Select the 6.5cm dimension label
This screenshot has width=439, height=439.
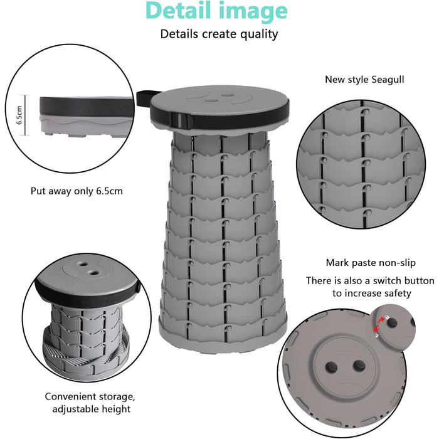pyautogui.click(x=19, y=115)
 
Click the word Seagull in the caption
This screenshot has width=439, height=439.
pyautogui.click(x=388, y=80)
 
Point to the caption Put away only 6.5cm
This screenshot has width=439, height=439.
pyautogui.click(x=77, y=191)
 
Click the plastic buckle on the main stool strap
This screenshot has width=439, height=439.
pyautogui.click(x=182, y=120)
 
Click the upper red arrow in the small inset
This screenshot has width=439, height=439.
pyautogui.click(x=382, y=319)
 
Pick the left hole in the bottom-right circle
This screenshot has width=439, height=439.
pyautogui.click(x=331, y=367)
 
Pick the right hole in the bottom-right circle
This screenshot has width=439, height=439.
pyautogui.click(x=359, y=366)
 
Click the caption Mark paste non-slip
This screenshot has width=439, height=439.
pyautogui.click(x=371, y=263)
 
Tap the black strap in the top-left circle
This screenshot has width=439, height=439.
pyautogui.click(x=87, y=107)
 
